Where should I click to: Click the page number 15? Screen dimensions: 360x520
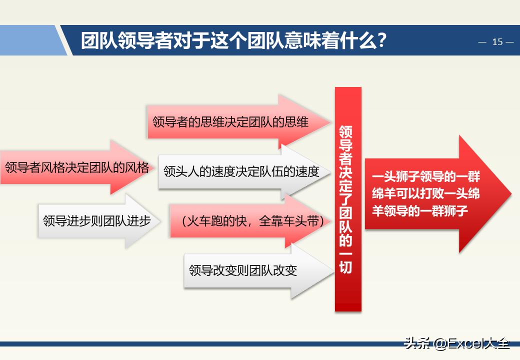pyautogui.click(x=497, y=42)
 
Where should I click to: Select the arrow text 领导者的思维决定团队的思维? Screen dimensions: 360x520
pyautogui.click(x=230, y=121)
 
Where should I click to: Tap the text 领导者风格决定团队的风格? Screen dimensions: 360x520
pyautogui.click(x=77, y=167)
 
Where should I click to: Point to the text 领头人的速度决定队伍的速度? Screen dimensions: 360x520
pyautogui.click(x=241, y=171)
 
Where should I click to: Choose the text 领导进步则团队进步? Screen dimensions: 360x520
pyautogui.click(x=97, y=220)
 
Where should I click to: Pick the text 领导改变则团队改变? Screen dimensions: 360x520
pyautogui.click(x=243, y=270)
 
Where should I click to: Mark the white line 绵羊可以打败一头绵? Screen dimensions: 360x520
pyautogui.click(x=425, y=193)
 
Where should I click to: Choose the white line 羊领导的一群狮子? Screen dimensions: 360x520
pyautogui.click(x=420, y=210)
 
